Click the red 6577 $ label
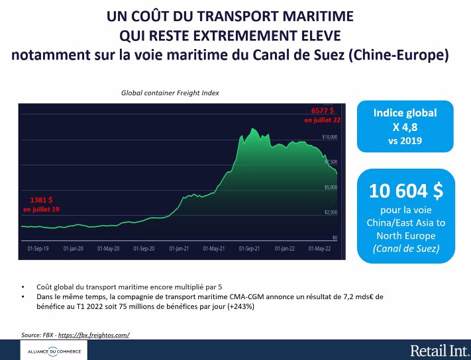click(x=323, y=111)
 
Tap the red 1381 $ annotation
click(x=41, y=199)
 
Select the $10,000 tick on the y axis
click(x=330, y=137)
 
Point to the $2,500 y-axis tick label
click(x=330, y=212)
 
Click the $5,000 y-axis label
click(x=330, y=187)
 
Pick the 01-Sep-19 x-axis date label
click(x=38, y=249)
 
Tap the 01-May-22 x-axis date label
click(x=320, y=249)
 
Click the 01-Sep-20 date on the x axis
click(x=144, y=249)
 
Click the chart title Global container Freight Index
click(x=170, y=93)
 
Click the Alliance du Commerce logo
click(x=50, y=351)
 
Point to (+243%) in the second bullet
click(x=241, y=307)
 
